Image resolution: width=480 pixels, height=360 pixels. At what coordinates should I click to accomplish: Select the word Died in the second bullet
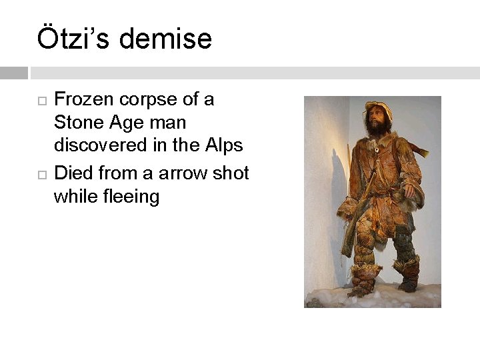pos(73,173)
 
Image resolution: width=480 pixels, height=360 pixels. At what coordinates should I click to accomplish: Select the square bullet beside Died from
pos(41,175)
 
